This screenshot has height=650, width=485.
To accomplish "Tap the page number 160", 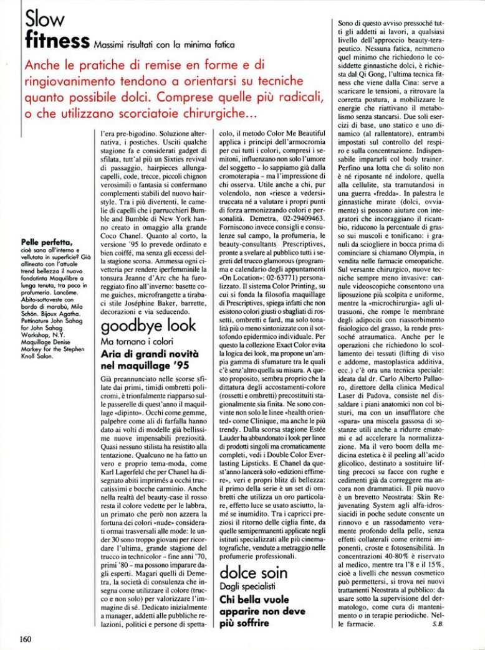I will pyautogui.click(x=26, y=638).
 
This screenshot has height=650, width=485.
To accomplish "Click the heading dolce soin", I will pyautogui.click(x=253, y=572).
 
